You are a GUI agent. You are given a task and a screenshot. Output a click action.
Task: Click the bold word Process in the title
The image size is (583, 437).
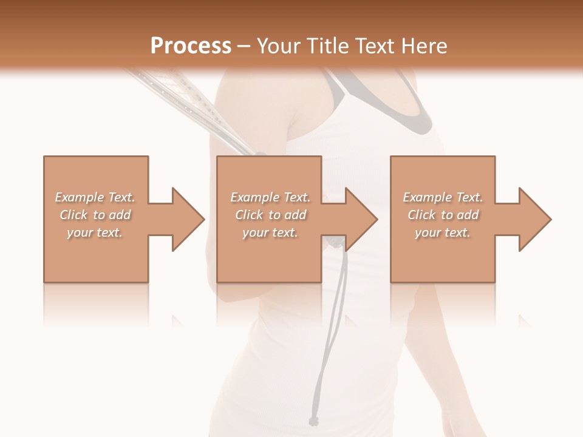[x=191, y=46]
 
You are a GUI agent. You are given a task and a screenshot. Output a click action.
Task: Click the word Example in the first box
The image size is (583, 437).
[x=79, y=197]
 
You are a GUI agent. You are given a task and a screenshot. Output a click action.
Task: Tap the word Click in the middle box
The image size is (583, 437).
[x=249, y=215]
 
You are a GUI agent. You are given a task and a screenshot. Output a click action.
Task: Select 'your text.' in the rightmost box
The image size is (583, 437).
[x=443, y=232]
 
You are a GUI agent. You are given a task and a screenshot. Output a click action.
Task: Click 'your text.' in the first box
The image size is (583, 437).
[x=95, y=232]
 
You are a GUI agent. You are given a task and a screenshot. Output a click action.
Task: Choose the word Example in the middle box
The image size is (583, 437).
[x=254, y=197]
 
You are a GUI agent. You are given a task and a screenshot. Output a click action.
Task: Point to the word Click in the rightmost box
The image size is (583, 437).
[x=421, y=215]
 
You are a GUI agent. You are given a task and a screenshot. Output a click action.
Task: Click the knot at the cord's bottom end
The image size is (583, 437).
[x=313, y=421]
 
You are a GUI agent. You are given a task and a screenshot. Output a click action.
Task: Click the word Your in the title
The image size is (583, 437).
[x=279, y=46]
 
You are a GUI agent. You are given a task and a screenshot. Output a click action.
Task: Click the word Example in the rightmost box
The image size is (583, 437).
[x=427, y=197]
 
